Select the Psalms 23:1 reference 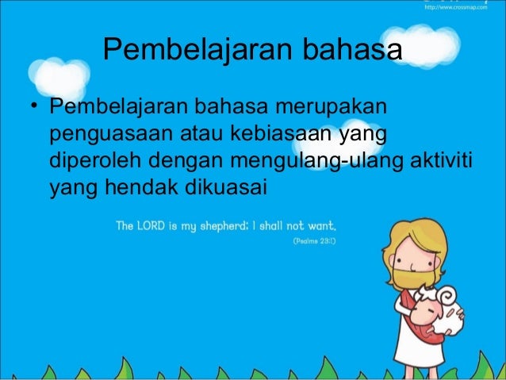[x=314, y=239]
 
